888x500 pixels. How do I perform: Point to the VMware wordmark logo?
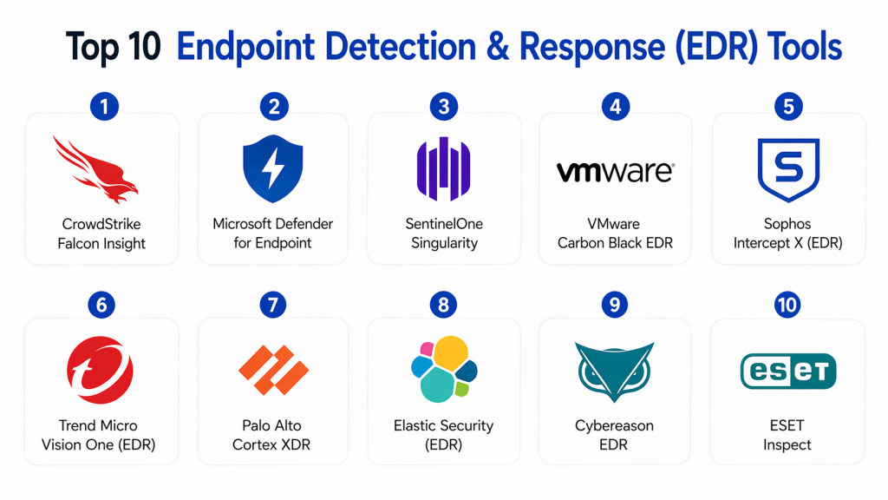(x=615, y=171)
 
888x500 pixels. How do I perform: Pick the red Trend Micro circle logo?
(x=100, y=371)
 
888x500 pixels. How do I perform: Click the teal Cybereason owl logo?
(x=615, y=369)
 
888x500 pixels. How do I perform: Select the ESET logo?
(x=787, y=371)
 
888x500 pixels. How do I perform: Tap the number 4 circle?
(x=615, y=107)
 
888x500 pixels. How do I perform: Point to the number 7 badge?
(x=272, y=305)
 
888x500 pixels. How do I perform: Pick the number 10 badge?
(x=787, y=305)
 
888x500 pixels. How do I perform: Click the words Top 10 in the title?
(x=114, y=48)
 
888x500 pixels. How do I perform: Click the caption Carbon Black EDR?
(x=615, y=243)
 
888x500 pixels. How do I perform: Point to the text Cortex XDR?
(x=271, y=445)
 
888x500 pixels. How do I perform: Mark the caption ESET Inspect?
(x=787, y=435)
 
